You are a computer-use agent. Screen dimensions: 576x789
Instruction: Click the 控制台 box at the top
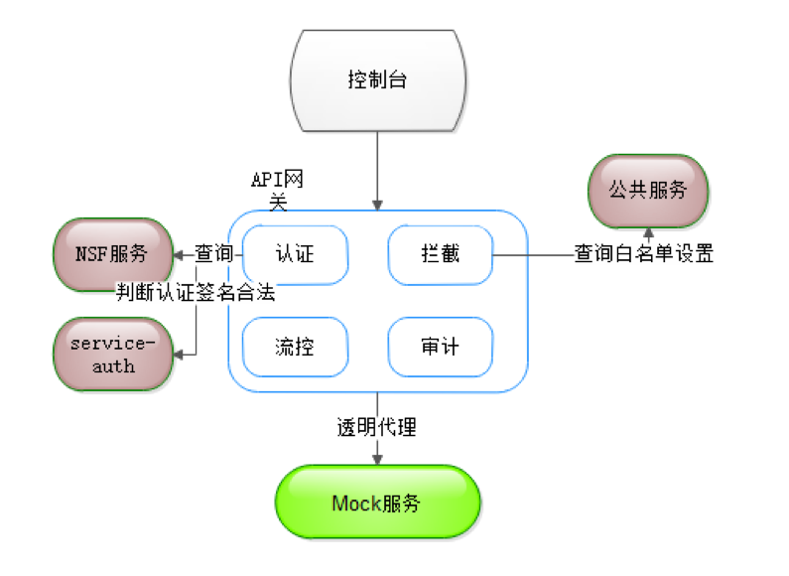378,79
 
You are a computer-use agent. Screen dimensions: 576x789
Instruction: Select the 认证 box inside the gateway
295,253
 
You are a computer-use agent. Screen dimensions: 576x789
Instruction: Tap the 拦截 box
439,253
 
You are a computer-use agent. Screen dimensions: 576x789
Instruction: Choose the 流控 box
295,347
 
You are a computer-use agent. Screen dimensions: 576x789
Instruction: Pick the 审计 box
439,347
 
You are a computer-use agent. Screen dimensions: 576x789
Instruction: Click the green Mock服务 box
376,503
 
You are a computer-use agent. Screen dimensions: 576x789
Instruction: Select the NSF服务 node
111,253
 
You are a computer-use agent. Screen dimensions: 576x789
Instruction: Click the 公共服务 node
648,190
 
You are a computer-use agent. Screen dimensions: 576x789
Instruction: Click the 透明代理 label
376,428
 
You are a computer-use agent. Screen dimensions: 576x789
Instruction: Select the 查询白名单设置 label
644,253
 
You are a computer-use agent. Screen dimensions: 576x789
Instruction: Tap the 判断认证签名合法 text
195,293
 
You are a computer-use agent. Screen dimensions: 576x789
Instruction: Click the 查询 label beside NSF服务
212,253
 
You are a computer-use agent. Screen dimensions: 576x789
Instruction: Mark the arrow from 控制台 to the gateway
377,169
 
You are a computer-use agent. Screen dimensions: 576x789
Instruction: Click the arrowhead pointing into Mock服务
377,458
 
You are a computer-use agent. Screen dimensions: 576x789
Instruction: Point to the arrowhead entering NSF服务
179,254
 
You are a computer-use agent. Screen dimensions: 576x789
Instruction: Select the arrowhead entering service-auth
179,355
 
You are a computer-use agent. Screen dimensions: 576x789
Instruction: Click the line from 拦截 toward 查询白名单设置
531,254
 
